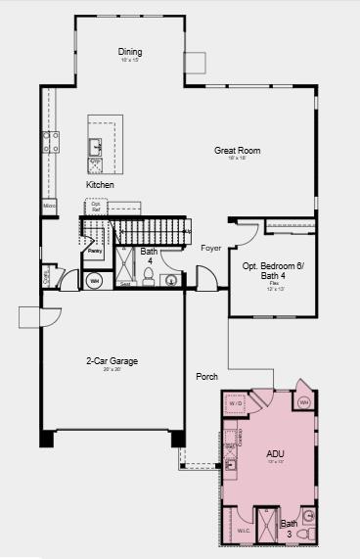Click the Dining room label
[130, 51]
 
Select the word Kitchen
[100, 184]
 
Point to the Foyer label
[210, 248]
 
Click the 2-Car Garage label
[111, 361]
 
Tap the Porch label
[206, 376]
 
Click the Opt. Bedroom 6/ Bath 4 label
[273, 270]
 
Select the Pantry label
[95, 252]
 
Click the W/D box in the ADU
[236, 402]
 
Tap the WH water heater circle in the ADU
[303, 401]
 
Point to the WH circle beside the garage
[95, 281]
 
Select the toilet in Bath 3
[308, 515]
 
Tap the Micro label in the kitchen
[49, 206]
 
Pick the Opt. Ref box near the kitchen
[96, 207]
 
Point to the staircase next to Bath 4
[147, 232]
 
